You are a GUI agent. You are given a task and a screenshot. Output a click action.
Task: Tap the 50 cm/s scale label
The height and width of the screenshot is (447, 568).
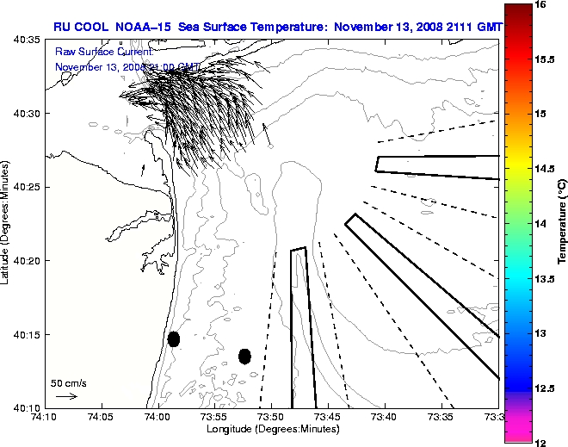[69, 382]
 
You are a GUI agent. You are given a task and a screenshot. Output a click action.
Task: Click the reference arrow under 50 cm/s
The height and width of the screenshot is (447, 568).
[66, 396]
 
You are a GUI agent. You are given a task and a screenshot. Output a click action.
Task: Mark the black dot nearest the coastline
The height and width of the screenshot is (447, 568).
[174, 338]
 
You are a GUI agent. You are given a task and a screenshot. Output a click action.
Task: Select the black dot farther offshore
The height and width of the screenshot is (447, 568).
[244, 356]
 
